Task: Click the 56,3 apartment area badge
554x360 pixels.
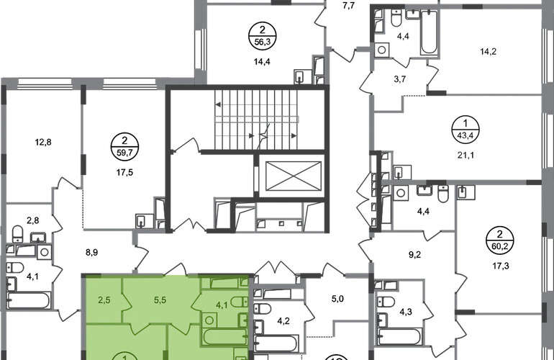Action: pyautogui.click(x=262, y=36)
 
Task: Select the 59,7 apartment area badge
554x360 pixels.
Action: pyautogui.click(x=124, y=147)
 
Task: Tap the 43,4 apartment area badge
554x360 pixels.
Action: pyautogui.click(x=466, y=130)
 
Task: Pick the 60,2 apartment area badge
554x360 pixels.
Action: pyautogui.click(x=499, y=240)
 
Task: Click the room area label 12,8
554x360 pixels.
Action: pyautogui.click(x=43, y=142)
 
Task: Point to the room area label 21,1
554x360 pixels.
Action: pyautogui.click(x=466, y=155)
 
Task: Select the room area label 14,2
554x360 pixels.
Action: pyautogui.click(x=488, y=52)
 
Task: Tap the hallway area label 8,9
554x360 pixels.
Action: pyautogui.click(x=91, y=253)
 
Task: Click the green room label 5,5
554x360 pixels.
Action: pyautogui.click(x=160, y=300)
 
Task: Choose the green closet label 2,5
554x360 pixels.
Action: pyautogui.click(x=104, y=300)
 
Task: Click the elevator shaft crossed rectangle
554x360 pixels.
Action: pyautogui.click(x=294, y=176)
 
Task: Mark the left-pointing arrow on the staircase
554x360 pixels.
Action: pyautogui.click(x=218, y=104)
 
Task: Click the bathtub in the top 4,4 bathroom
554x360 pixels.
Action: pyautogui.click(x=430, y=32)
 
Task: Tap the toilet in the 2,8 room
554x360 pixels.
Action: pyautogui.click(x=17, y=233)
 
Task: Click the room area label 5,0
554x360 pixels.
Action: pyautogui.click(x=337, y=299)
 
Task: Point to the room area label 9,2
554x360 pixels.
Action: pyautogui.click(x=415, y=255)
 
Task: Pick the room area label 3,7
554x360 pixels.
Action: pyautogui.click(x=399, y=79)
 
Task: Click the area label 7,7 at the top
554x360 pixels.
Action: pyautogui.click(x=349, y=6)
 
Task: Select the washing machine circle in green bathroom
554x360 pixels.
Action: pyautogui.click(x=209, y=320)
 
